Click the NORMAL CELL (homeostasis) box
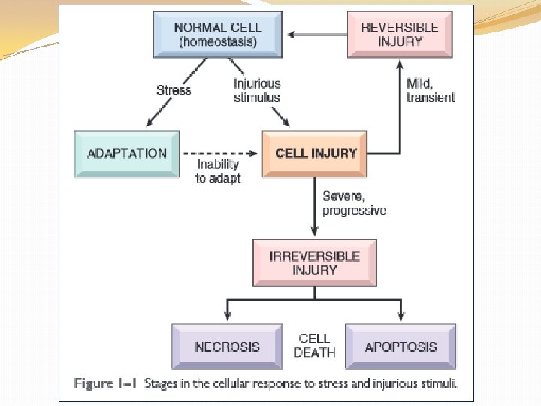click(218, 34)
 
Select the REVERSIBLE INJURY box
click(400, 34)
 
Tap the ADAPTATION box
click(127, 153)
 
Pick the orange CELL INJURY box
click(315, 153)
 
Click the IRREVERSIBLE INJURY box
click(315, 262)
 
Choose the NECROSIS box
click(228, 347)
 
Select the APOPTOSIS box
click(400, 347)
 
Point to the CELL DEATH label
click(314, 345)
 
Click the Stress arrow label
click(174, 90)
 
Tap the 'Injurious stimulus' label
click(257, 90)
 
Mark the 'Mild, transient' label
click(431, 90)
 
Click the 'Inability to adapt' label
click(218, 171)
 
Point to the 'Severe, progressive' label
click(355, 203)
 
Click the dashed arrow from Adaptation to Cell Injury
click(220, 153)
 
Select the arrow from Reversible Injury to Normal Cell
click(317, 35)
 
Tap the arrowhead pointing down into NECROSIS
click(228, 316)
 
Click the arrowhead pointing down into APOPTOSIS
click(401, 316)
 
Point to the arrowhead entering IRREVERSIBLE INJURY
click(314, 231)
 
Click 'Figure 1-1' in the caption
click(105, 383)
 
